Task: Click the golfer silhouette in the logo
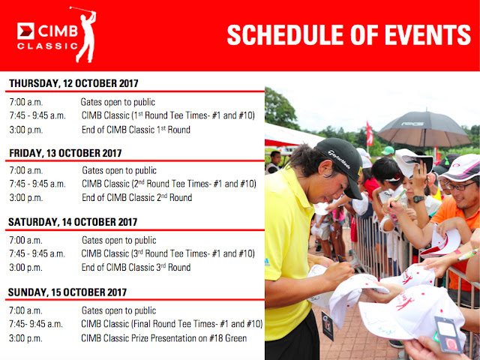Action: coord(87,37)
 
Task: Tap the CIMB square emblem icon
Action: coord(25,31)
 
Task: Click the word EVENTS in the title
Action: coord(427,34)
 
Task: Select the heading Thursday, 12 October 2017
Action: coord(73,83)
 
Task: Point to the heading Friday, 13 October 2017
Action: coord(65,153)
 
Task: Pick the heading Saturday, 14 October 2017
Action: coord(73,222)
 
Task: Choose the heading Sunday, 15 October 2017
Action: coord(67,292)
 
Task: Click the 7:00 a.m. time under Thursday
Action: coord(26,102)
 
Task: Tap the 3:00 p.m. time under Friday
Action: coord(26,198)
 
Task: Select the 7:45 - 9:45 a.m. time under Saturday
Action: coord(37,254)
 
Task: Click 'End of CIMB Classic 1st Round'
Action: coord(136,130)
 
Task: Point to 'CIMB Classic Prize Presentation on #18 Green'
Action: coord(163,338)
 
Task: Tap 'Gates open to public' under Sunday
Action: coord(118,310)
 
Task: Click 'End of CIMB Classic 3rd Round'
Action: coord(136,268)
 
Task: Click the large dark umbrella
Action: coord(424,129)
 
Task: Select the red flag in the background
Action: coord(370,134)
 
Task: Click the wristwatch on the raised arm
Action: coord(418,199)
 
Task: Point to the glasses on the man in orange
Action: coord(459,185)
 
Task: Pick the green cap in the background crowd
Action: coord(388,151)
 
